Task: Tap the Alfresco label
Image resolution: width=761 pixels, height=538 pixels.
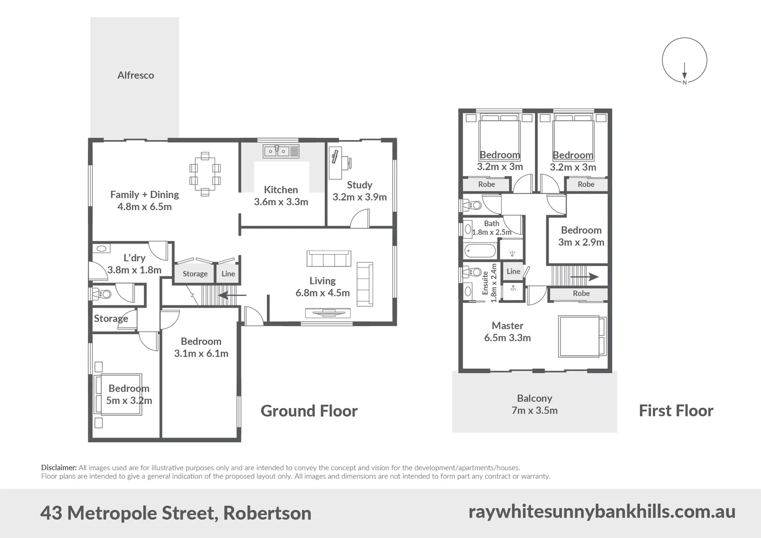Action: pyautogui.click(x=135, y=75)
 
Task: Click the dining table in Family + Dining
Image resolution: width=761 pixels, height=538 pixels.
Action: pyautogui.click(x=205, y=174)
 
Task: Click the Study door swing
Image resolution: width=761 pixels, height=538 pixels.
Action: pyautogui.click(x=360, y=219)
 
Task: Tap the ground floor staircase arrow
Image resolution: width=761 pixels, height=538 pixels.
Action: pyautogui.click(x=232, y=295)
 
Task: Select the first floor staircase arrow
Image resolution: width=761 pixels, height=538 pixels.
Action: pyautogui.click(x=584, y=277)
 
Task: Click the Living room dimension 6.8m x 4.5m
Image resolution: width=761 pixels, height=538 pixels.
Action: pyautogui.click(x=322, y=293)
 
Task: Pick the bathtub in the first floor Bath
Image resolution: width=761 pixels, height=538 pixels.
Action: pyautogui.click(x=480, y=250)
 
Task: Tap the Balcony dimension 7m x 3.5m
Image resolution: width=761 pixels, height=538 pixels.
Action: pyautogui.click(x=534, y=410)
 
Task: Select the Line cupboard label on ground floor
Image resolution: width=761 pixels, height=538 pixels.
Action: pyautogui.click(x=228, y=273)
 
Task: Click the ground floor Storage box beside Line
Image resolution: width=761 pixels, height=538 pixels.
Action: pyautogui.click(x=195, y=273)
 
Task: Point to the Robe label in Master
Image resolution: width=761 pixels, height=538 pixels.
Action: pyautogui.click(x=581, y=293)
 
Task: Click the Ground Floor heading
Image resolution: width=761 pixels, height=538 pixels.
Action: pyautogui.click(x=309, y=411)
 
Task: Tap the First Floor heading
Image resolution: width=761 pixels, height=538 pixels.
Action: pyautogui.click(x=676, y=411)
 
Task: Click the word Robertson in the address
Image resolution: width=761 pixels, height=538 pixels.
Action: pyautogui.click(x=267, y=513)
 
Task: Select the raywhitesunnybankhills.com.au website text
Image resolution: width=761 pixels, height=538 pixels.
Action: pyautogui.click(x=602, y=512)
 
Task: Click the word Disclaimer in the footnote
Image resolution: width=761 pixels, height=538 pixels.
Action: pyautogui.click(x=59, y=468)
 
